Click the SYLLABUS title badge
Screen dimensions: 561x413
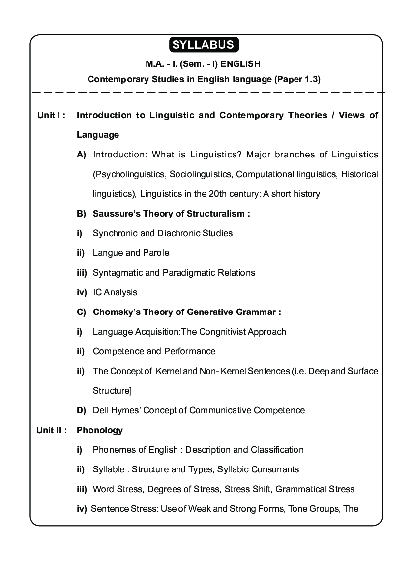204,45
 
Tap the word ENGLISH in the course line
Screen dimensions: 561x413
240,64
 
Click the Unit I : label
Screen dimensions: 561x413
51,115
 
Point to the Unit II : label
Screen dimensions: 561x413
52,430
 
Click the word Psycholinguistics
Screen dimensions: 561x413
129,174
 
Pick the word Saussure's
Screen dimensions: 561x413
115,214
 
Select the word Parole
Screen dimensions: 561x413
156,253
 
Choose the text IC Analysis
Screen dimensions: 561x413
115,292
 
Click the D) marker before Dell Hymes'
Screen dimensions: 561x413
82,410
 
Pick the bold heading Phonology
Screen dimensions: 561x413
100,430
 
